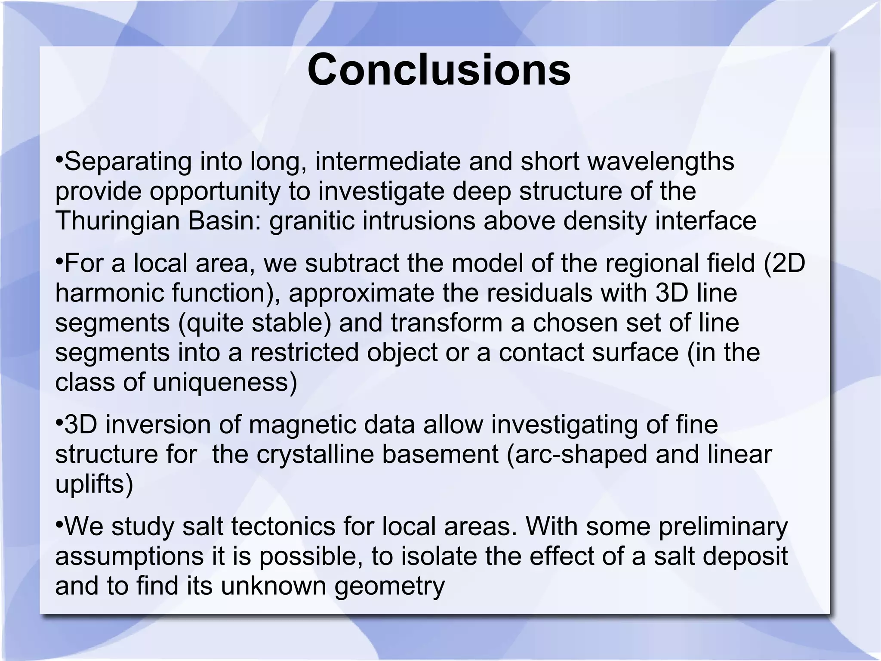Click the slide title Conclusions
(x=439, y=70)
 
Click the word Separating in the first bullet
(x=128, y=162)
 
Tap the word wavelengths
(x=660, y=162)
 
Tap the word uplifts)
(x=94, y=484)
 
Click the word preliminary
(x=723, y=526)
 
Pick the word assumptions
(x=129, y=556)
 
